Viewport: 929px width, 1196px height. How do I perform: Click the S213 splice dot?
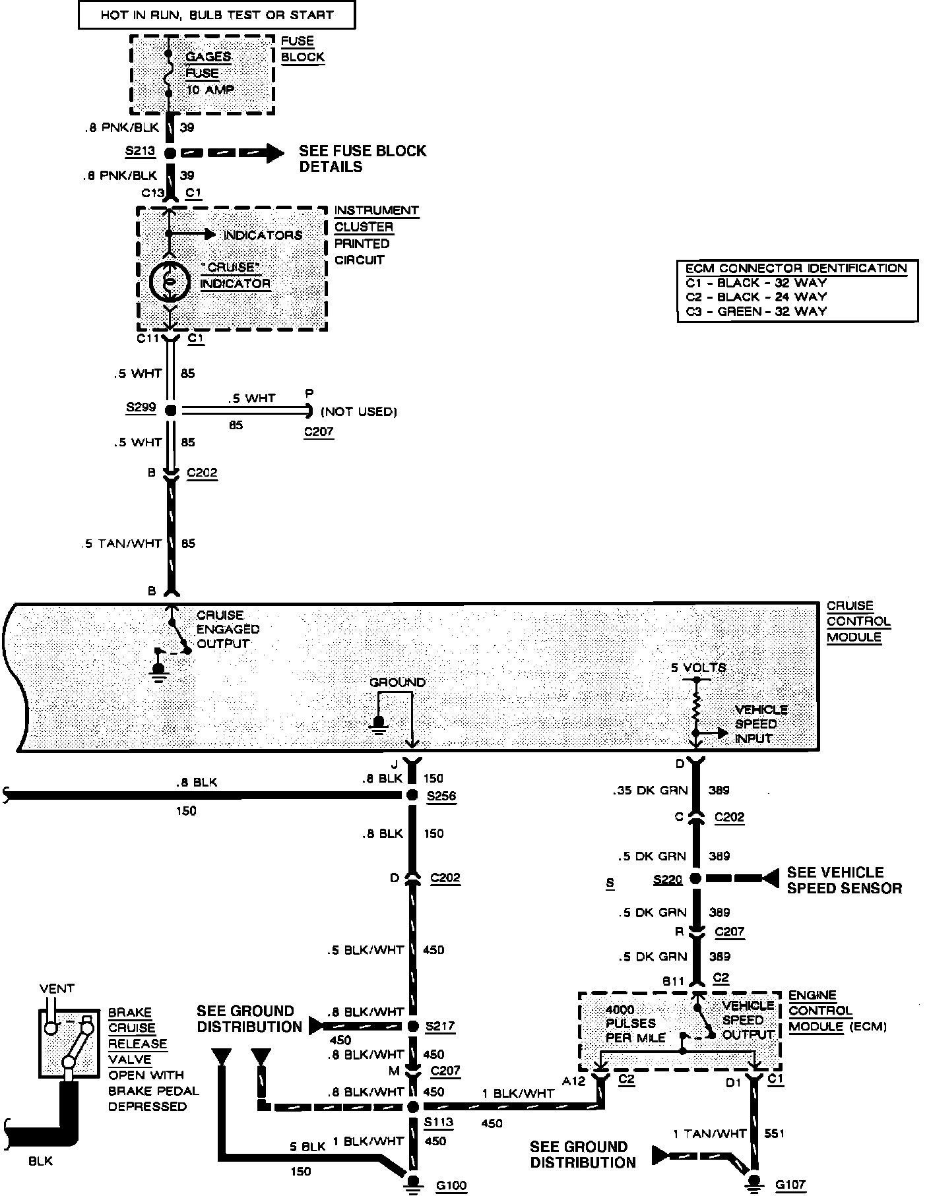tap(170, 153)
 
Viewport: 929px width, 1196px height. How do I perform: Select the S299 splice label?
tap(141, 407)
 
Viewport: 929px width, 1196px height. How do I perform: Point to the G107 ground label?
tap(790, 1185)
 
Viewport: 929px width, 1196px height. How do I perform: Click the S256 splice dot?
tap(412, 795)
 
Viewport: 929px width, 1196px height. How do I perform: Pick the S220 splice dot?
tap(695, 878)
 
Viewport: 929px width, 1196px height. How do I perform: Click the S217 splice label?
tap(440, 1026)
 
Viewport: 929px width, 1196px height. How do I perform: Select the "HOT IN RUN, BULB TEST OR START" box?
tap(216, 15)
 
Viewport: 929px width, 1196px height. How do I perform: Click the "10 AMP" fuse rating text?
tap(210, 89)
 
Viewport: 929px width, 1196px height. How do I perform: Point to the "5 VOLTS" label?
tap(698, 667)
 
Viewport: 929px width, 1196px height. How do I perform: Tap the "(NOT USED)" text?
tap(359, 412)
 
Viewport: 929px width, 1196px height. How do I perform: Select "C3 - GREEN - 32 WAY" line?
tap(756, 311)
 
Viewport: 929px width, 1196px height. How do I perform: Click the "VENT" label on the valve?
tap(57, 988)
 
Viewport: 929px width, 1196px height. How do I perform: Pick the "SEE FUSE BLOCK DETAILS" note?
tap(362, 158)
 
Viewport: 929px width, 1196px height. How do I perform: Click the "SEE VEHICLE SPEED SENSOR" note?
tap(844, 880)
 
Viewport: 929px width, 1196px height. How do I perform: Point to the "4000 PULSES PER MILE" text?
tap(631, 1023)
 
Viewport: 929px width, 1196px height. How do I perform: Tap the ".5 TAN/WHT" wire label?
tap(121, 543)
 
